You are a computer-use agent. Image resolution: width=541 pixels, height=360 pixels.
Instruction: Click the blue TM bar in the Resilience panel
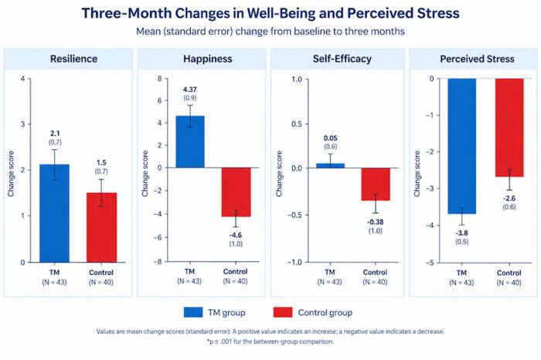click(55, 213)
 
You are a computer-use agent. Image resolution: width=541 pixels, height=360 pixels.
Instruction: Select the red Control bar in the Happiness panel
click(236, 192)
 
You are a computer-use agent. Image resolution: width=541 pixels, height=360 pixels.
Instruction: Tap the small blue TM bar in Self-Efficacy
click(330, 165)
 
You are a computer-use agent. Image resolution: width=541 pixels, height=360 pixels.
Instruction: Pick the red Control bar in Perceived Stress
click(509, 127)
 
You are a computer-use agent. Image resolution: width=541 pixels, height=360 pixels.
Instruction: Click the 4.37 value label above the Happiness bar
click(190, 90)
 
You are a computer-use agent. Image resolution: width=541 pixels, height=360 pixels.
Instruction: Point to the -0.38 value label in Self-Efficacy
click(375, 222)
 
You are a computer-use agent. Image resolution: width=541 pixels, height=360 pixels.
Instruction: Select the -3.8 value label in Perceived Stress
click(461, 233)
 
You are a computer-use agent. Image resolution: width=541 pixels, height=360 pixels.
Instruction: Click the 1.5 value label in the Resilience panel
click(101, 163)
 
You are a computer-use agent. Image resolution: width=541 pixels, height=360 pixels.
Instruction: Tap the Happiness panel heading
click(208, 59)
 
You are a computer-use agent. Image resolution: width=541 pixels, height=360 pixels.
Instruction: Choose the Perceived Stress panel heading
click(477, 59)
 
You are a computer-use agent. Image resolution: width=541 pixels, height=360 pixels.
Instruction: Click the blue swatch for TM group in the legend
click(193, 312)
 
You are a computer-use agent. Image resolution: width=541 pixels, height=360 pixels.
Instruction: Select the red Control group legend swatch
click(283, 312)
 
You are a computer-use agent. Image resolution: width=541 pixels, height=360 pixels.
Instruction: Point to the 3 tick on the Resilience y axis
click(22, 124)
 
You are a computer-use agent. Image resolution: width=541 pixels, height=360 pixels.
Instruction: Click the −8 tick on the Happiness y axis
click(158, 262)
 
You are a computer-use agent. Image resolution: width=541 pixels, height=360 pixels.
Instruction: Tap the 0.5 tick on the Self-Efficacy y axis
click(297, 124)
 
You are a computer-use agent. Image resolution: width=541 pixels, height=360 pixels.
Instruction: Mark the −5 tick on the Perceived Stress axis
click(430, 263)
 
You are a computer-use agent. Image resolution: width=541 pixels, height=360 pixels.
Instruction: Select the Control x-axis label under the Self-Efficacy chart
click(375, 273)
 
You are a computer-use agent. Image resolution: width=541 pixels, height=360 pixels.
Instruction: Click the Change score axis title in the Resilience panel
click(11, 174)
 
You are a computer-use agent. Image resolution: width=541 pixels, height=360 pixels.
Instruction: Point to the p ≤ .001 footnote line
click(270, 341)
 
